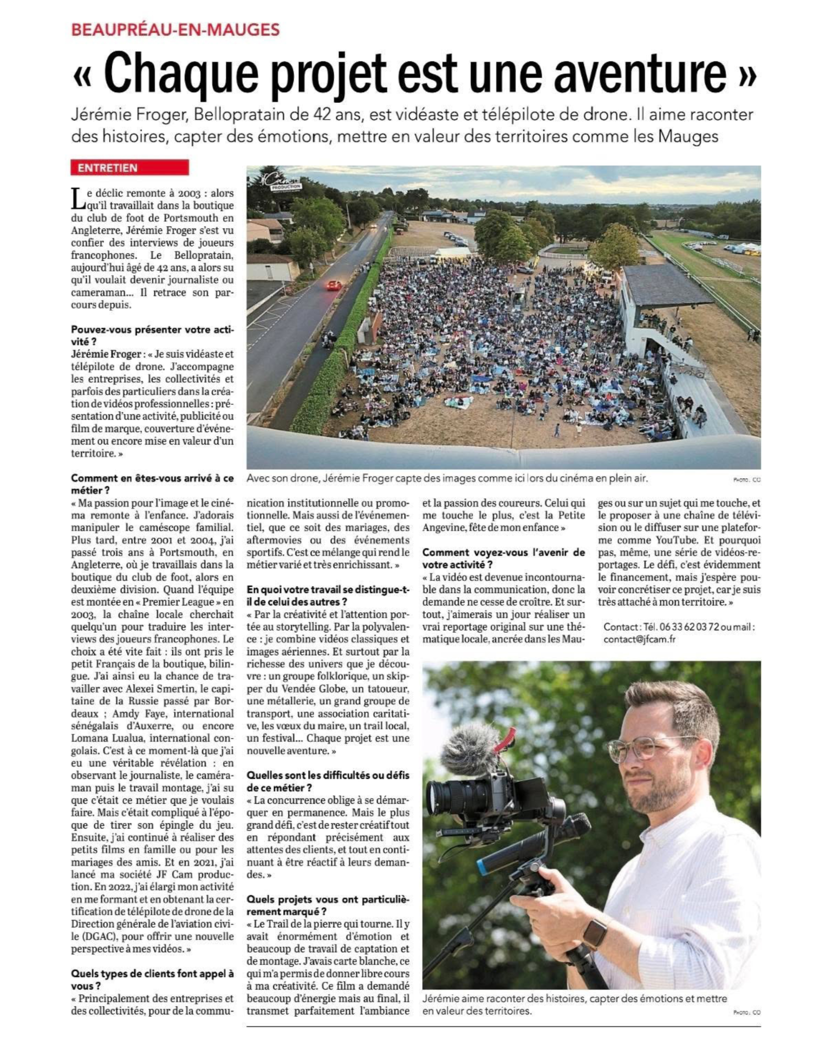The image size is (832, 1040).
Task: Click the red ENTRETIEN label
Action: pyautogui.click(x=129, y=168)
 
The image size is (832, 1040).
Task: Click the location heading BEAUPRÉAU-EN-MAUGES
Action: pyautogui.click(x=175, y=29)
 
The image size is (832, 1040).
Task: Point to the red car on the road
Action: pyautogui.click(x=334, y=285)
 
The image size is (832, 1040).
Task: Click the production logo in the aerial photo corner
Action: pyautogui.click(x=281, y=180)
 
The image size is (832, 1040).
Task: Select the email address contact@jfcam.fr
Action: pyautogui.click(x=639, y=639)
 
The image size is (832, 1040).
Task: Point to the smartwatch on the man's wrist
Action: pyautogui.click(x=594, y=933)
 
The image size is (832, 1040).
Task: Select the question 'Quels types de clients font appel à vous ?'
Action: pyautogui.click(x=152, y=980)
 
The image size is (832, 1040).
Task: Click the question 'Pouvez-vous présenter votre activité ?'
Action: pyautogui.click(x=152, y=335)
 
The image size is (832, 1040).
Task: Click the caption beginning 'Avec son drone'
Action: pyautogui.click(x=447, y=478)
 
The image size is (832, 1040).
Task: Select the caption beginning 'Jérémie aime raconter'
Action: pyautogui.click(x=574, y=1004)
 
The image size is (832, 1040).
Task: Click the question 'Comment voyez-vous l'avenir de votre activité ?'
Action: pyautogui.click(x=503, y=558)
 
